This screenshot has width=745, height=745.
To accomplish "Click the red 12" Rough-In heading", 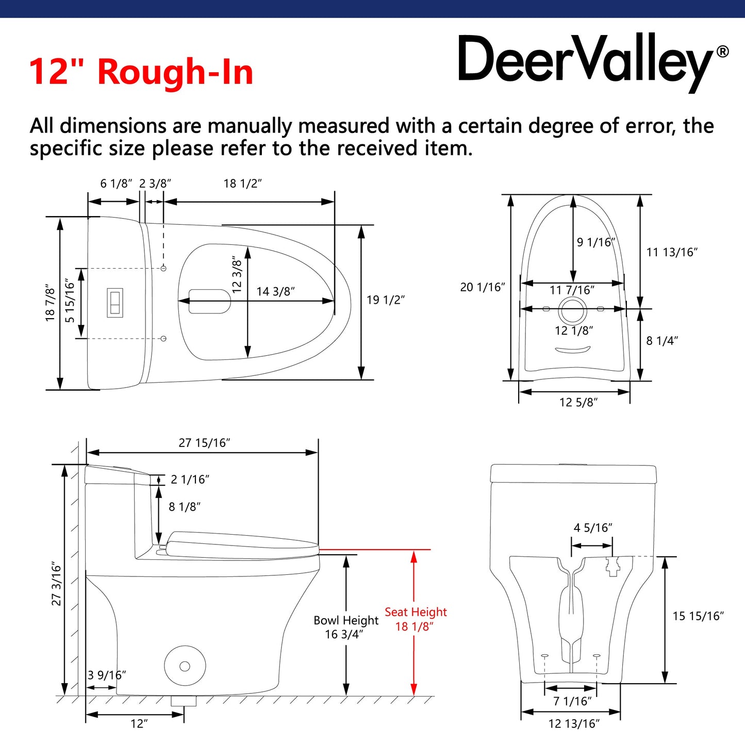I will [141, 72].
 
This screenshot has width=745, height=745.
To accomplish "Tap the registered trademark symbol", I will [723, 52].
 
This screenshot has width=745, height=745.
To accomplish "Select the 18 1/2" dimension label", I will [242, 184].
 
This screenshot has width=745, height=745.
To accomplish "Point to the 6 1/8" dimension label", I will [116, 184].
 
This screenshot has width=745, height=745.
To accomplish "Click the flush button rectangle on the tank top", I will [114, 303].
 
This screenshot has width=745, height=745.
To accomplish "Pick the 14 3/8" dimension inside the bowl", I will [275, 292].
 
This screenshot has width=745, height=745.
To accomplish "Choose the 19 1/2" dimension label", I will [385, 300].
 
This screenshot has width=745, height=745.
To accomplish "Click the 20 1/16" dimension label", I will [482, 287].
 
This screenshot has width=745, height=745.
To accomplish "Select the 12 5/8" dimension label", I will [578, 402].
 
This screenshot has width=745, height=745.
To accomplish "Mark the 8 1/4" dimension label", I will [662, 341].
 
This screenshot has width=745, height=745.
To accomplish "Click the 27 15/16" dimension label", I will [204, 443].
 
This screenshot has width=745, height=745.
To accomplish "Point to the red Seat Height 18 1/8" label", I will [415, 619].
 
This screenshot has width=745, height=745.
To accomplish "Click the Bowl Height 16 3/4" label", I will [345, 627].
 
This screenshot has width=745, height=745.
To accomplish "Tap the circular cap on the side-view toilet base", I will [185, 666].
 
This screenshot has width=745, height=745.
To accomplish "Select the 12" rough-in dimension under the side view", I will [139, 724].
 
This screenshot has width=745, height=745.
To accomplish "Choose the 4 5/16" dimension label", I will [593, 528].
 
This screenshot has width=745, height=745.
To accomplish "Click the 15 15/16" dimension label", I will [698, 616].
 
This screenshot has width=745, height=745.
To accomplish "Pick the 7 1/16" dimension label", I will [572, 701].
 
